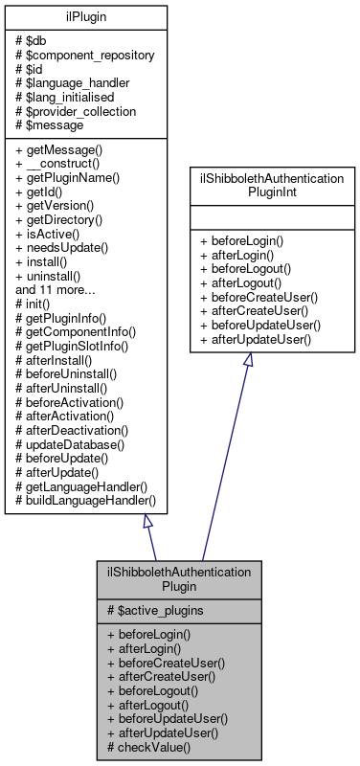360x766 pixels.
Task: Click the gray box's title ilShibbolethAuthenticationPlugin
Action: (x=180, y=577)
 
